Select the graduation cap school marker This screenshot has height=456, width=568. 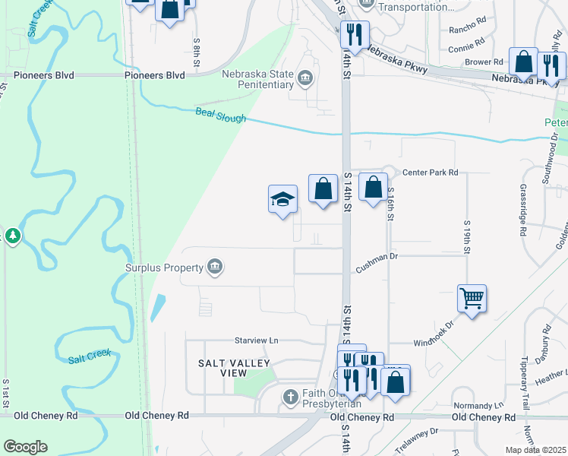[282, 200]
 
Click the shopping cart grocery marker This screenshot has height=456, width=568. [472, 299]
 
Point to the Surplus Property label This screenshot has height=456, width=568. [163, 268]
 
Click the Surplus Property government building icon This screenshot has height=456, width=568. [215, 267]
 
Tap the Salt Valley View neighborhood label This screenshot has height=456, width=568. [222, 369]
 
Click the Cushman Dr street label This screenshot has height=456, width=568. [377, 269]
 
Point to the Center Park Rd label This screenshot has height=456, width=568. [431, 173]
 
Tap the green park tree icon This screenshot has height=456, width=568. [12, 237]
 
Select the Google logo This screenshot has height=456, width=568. [25, 447]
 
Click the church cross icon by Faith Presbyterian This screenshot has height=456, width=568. [289, 397]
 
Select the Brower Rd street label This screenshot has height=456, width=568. [485, 62]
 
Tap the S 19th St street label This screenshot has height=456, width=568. [467, 237]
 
